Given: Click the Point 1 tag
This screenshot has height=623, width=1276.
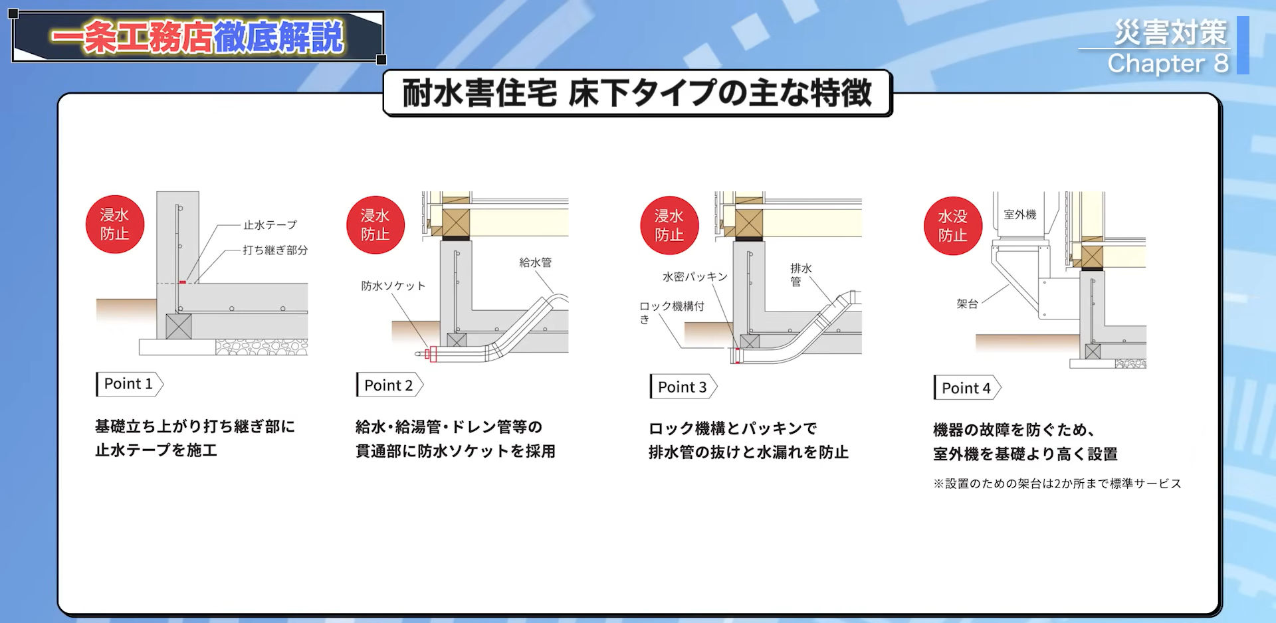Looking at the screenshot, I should [129, 384].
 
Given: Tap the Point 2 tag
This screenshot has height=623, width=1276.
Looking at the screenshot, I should [389, 385].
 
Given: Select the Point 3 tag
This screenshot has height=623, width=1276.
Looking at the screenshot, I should [683, 387].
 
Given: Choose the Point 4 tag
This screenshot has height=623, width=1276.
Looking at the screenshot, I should [966, 388].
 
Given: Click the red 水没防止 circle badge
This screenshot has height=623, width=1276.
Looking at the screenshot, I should [952, 226].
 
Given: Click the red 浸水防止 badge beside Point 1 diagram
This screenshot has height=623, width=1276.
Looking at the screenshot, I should [114, 224].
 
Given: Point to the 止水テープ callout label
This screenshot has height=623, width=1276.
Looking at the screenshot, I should [270, 225].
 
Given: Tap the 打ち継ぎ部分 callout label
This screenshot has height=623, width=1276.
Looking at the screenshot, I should [275, 250].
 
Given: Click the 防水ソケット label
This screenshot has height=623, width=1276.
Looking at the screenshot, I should [393, 286].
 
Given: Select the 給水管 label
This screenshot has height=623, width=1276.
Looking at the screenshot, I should [535, 262].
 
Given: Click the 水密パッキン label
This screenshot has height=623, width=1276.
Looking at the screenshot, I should [694, 276].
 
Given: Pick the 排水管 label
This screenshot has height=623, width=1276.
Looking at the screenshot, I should [800, 274].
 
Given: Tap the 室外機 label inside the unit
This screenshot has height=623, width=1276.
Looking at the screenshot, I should [1019, 215].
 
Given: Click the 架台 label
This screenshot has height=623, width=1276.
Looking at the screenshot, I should [967, 304].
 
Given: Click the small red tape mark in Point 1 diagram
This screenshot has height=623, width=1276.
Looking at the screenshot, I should [182, 282].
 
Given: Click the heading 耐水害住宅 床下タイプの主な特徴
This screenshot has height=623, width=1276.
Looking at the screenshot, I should [637, 93].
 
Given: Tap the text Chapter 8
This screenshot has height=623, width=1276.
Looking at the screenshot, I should [1168, 64].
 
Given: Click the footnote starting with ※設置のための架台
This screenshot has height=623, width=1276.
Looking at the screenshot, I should [1057, 484].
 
